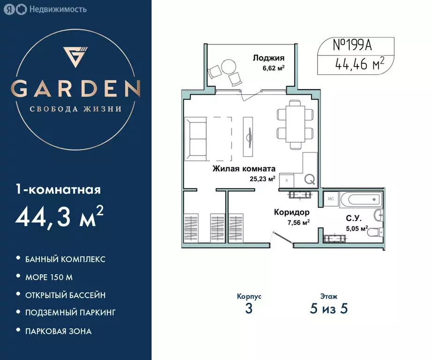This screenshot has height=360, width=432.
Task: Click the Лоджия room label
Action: (268, 58)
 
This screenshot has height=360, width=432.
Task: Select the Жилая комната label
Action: (244, 169)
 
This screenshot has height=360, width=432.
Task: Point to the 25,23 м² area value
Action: (263, 178)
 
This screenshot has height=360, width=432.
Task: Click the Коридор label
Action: (291, 212)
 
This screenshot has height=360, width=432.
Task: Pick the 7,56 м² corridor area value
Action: (298, 222)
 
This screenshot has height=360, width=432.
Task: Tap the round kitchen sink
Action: (309, 179)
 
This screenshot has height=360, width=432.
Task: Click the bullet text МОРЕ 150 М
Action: (50, 277)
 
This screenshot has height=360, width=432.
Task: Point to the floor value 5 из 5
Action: (328, 308)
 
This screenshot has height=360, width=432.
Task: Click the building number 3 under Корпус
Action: (249, 308)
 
